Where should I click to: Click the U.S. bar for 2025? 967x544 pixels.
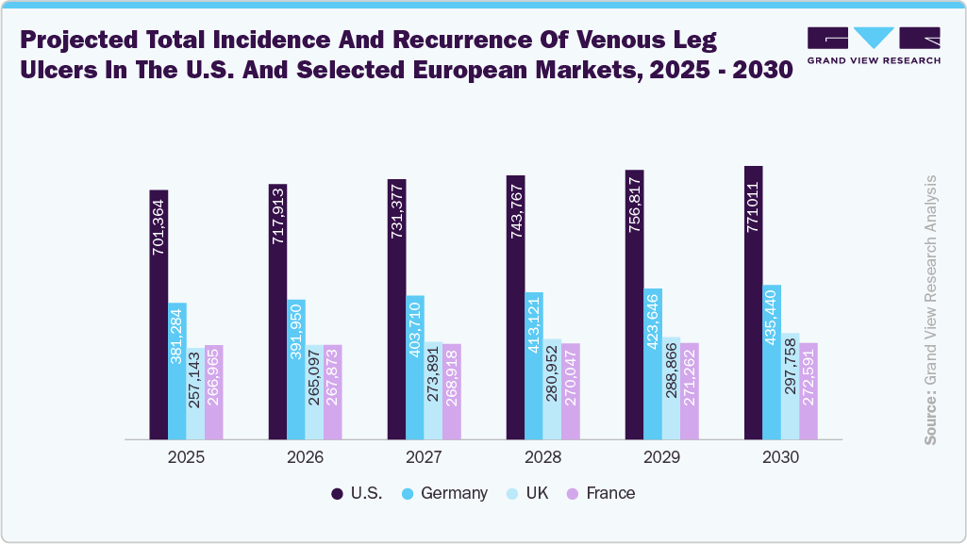158,315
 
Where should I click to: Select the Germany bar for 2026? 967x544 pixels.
296,370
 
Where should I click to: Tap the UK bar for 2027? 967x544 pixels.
433,390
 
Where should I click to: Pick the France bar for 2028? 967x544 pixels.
571,391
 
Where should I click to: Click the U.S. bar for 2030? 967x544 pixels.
753,303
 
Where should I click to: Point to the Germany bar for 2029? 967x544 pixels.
653,364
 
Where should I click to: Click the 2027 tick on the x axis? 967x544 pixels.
425,457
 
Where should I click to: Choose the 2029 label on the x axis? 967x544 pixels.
662,457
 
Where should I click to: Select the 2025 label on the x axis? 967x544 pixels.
187,457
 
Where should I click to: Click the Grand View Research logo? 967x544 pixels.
874,45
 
